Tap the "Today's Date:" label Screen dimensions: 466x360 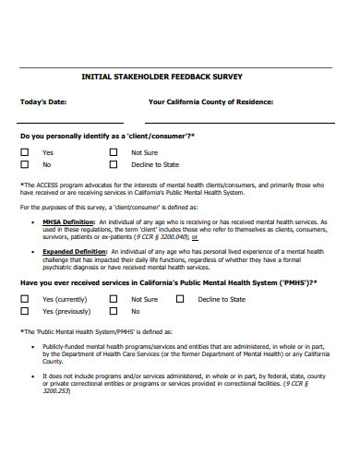click(x=44, y=102)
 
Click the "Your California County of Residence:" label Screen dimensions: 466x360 click(x=211, y=102)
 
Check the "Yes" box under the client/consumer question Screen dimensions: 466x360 click(x=25, y=152)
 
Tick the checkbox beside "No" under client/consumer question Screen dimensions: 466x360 click(x=25, y=164)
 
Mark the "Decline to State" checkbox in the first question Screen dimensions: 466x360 click(x=114, y=164)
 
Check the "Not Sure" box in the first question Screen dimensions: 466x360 click(x=114, y=152)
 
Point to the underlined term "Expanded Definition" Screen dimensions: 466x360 click(x=70, y=249)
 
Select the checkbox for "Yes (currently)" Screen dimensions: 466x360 click(x=25, y=299)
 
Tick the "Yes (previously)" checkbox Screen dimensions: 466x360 click(x=25, y=312)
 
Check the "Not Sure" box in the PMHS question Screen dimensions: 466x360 click(x=114, y=299)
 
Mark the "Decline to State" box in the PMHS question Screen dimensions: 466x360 click(x=180, y=299)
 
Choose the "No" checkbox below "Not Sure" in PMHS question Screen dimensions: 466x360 click(x=114, y=312)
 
